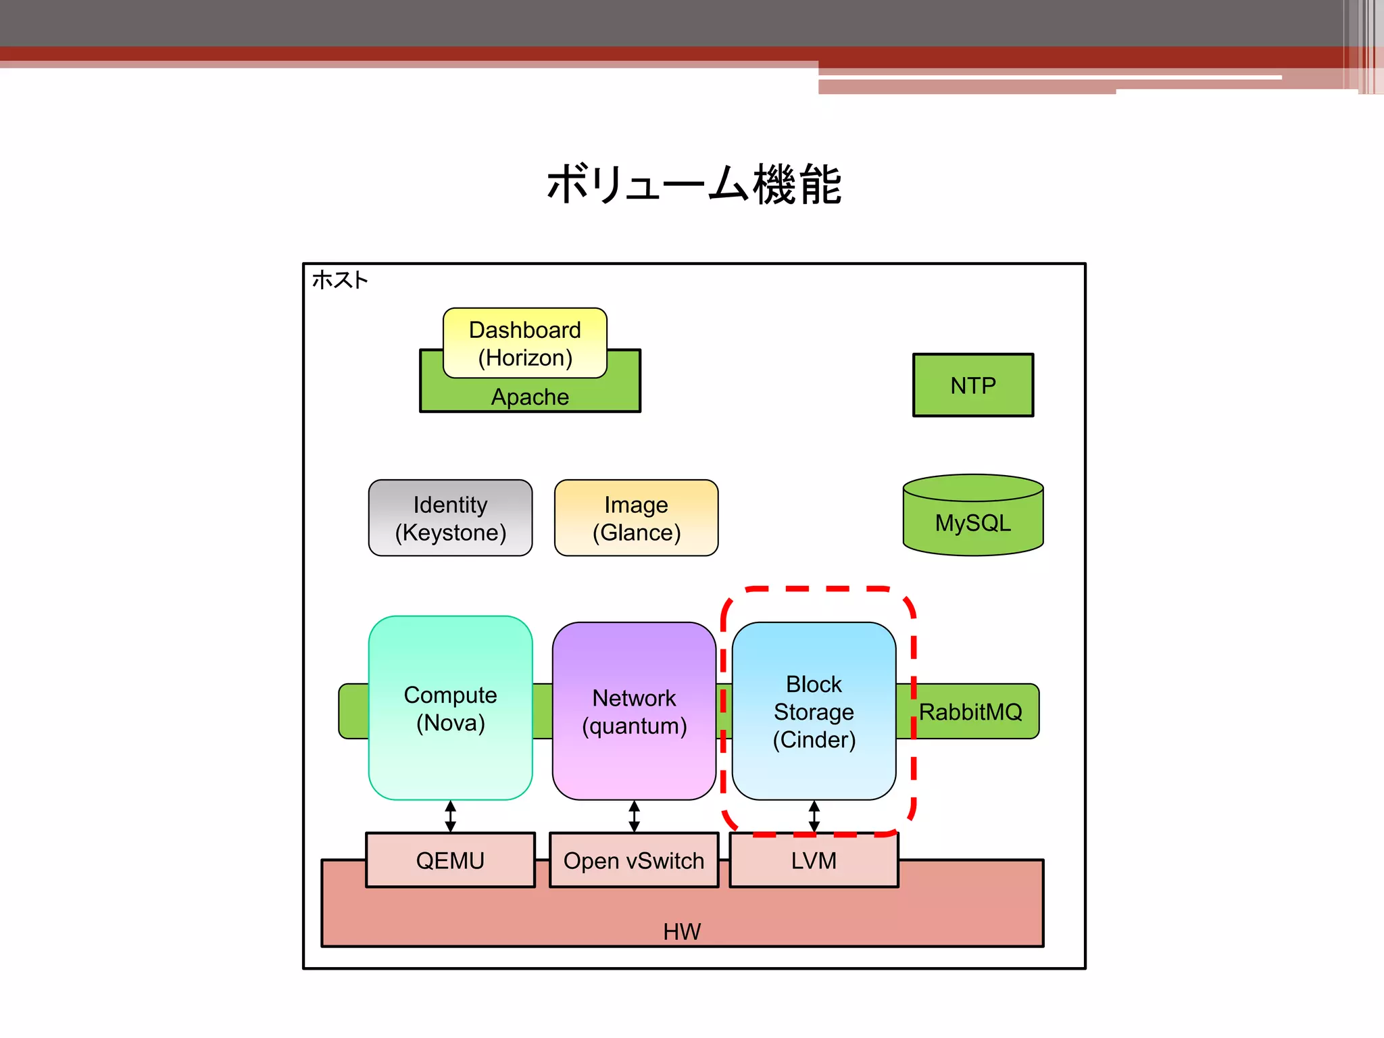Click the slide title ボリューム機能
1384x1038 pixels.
(x=693, y=184)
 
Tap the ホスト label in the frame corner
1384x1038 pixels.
(x=340, y=280)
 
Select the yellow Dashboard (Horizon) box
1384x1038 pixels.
(x=524, y=343)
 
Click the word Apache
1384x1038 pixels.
(x=530, y=397)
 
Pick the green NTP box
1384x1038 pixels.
(x=972, y=385)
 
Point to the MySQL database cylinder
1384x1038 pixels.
(x=972, y=517)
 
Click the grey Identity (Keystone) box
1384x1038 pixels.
(x=450, y=518)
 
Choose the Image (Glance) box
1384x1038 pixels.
(x=636, y=518)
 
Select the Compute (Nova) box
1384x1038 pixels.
(x=450, y=708)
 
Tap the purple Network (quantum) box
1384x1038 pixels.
(x=634, y=711)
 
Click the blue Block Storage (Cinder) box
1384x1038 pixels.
(x=814, y=711)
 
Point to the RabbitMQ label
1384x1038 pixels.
(x=970, y=712)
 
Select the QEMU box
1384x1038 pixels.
(x=450, y=860)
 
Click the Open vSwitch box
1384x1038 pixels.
(x=634, y=860)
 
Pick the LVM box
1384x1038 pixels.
(x=814, y=860)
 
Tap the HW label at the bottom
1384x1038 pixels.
(x=682, y=931)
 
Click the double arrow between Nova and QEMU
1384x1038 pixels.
(x=451, y=816)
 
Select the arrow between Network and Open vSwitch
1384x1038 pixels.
(x=634, y=816)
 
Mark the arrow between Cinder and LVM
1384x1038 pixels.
(x=814, y=816)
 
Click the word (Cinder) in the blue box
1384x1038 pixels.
(x=814, y=739)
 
